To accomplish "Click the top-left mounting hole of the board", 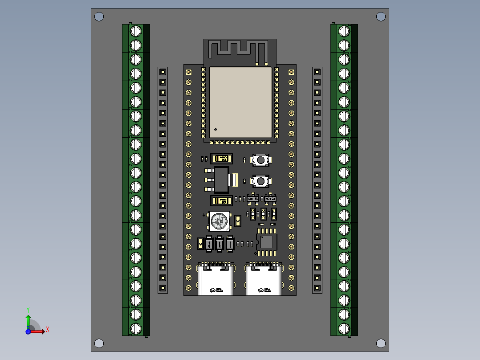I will click(99, 17).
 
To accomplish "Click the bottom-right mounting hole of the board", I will click(381, 343).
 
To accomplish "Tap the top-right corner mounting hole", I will click(381, 16).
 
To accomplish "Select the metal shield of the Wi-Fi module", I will click(240, 102).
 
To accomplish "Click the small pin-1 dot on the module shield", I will click(216, 130).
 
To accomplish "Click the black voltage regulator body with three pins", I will click(221, 180).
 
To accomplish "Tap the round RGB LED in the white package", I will click(219, 221).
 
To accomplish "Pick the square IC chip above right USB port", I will click(267, 242).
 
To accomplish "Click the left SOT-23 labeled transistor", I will click(253, 198).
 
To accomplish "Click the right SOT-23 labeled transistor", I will click(270, 198).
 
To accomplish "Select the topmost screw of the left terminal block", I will click(135, 31).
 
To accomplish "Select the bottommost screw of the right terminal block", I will click(344, 328).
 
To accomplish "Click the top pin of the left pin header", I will click(163, 72).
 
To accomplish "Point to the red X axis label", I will click(47, 330).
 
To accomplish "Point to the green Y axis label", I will click(28, 309).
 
